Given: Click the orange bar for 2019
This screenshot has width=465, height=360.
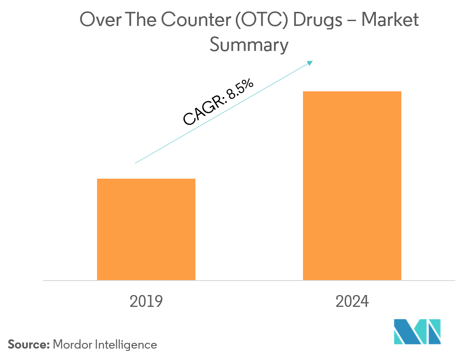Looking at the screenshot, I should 146,229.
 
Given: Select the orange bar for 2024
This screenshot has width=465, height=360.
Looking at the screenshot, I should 352,185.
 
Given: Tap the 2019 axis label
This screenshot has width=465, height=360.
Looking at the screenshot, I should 146,302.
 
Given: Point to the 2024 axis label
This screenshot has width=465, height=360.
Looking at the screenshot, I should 352,302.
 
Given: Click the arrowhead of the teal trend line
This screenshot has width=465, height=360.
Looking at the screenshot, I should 310,63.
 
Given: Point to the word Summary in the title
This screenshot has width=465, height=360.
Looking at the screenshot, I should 249,45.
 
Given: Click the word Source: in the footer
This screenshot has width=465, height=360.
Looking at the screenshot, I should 29,345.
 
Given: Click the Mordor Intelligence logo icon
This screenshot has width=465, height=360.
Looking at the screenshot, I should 417,331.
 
